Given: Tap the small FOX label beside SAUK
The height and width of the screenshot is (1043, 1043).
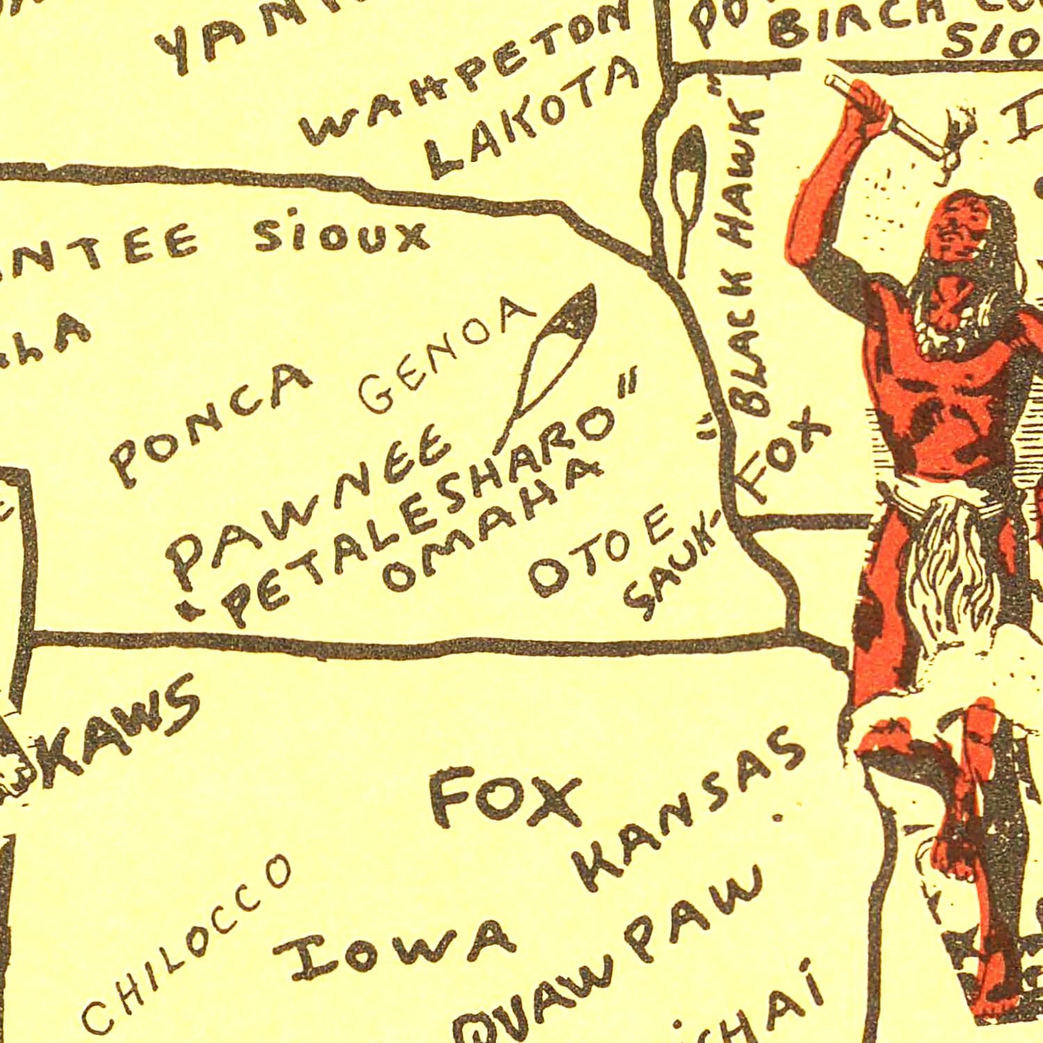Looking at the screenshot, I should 786,459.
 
